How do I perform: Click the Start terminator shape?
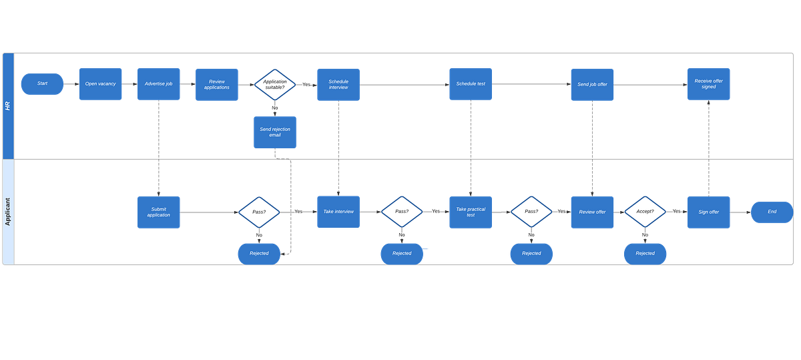tap(42, 83)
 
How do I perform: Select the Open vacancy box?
tap(100, 84)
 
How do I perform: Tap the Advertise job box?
tap(158, 84)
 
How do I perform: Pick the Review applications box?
tap(217, 84)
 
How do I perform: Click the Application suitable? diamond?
tap(274, 84)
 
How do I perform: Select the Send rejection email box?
tap(274, 132)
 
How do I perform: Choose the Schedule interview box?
tap(338, 84)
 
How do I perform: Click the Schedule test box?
tap(471, 84)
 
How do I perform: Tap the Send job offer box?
tap(592, 84)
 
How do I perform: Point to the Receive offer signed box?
tap(708, 84)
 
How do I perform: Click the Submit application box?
tap(158, 212)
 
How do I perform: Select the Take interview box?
tap(338, 212)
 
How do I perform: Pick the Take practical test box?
tap(471, 212)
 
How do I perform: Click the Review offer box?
tap(592, 212)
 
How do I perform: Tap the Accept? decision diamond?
tap(645, 212)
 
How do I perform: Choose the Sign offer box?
tap(708, 212)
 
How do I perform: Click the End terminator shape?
tap(772, 212)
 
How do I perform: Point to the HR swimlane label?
tap(8, 106)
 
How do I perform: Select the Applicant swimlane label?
tap(8, 211)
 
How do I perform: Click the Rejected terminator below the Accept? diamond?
tap(645, 253)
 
